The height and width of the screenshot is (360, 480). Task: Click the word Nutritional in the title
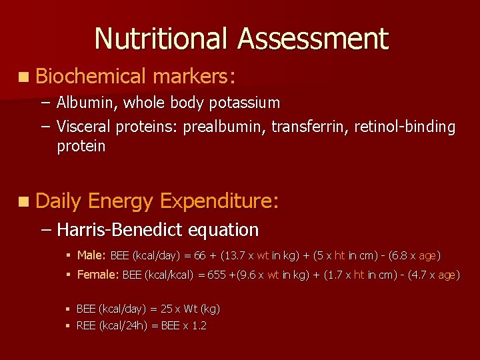point(163,39)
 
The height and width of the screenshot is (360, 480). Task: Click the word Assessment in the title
point(313,39)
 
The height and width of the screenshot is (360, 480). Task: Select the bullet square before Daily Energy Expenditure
point(24,201)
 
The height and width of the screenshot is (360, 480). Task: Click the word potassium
point(244,103)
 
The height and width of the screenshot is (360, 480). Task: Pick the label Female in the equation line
point(97,275)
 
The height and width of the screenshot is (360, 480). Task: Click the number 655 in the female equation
point(217,275)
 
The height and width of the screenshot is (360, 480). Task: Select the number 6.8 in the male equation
point(397,255)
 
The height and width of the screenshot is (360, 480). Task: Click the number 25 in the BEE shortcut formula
point(167,309)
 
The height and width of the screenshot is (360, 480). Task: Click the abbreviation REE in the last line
point(86,325)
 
